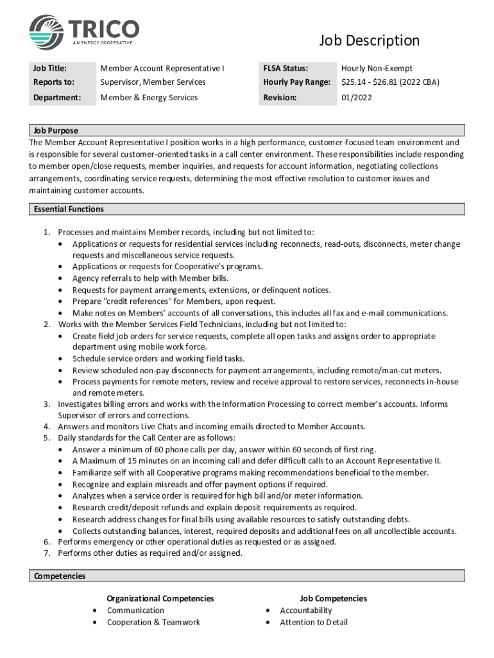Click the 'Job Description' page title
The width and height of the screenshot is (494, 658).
[369, 41]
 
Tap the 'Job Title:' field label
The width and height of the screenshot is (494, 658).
[49, 68]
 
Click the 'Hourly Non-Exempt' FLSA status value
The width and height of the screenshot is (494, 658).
[377, 68]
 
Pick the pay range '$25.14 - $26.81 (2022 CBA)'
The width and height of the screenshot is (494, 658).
[390, 82]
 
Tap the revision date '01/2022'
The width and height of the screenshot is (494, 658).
[356, 98]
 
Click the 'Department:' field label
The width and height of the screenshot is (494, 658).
[56, 98]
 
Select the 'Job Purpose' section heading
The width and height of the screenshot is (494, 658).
[56, 130]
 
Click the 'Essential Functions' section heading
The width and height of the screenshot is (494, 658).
[69, 209]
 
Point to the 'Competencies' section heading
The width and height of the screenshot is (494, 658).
[60, 576]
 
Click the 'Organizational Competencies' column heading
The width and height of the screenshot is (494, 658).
[160, 598]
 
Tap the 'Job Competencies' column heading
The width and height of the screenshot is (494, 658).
[333, 598]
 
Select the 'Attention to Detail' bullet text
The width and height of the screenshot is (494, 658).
[314, 622]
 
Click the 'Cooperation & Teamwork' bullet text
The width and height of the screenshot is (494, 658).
[153, 622]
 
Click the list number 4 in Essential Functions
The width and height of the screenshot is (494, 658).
[47, 426]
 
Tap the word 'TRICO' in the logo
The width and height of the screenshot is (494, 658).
[105, 28]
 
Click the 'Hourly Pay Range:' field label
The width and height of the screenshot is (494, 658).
[296, 82]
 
